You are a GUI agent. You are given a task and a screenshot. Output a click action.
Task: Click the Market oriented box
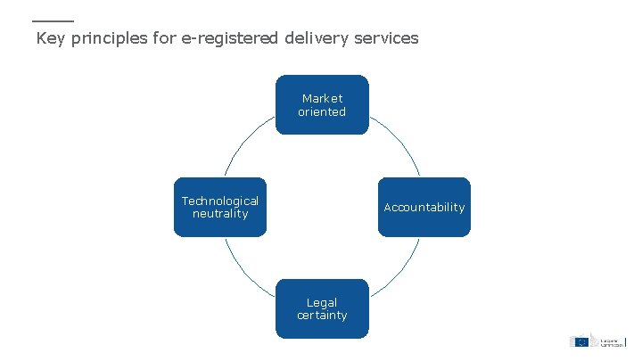pyautogui.click(x=322, y=104)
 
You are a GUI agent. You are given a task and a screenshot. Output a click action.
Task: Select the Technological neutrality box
pyautogui.click(x=220, y=207)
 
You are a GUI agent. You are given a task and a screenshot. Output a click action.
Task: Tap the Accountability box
pyautogui.click(x=424, y=207)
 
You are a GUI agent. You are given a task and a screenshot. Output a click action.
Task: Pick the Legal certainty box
pyautogui.click(x=322, y=308)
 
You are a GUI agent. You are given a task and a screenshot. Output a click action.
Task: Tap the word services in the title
pyautogui.click(x=385, y=38)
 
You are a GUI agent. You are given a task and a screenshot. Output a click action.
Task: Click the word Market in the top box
pyautogui.click(x=322, y=98)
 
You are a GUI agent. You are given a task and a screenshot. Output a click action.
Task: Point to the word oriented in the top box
pyautogui.click(x=322, y=112)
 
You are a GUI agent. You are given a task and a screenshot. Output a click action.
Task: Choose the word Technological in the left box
pyautogui.click(x=220, y=201)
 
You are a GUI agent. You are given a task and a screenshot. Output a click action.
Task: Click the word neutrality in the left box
pyautogui.click(x=220, y=214)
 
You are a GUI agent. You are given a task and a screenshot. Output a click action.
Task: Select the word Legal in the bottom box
pyautogui.click(x=322, y=302)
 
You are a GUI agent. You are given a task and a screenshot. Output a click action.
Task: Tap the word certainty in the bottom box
pyautogui.click(x=322, y=316)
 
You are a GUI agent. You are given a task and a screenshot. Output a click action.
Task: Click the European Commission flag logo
pyautogui.click(x=580, y=340)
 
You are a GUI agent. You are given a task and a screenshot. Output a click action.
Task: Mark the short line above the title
pyautogui.click(x=53, y=21)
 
